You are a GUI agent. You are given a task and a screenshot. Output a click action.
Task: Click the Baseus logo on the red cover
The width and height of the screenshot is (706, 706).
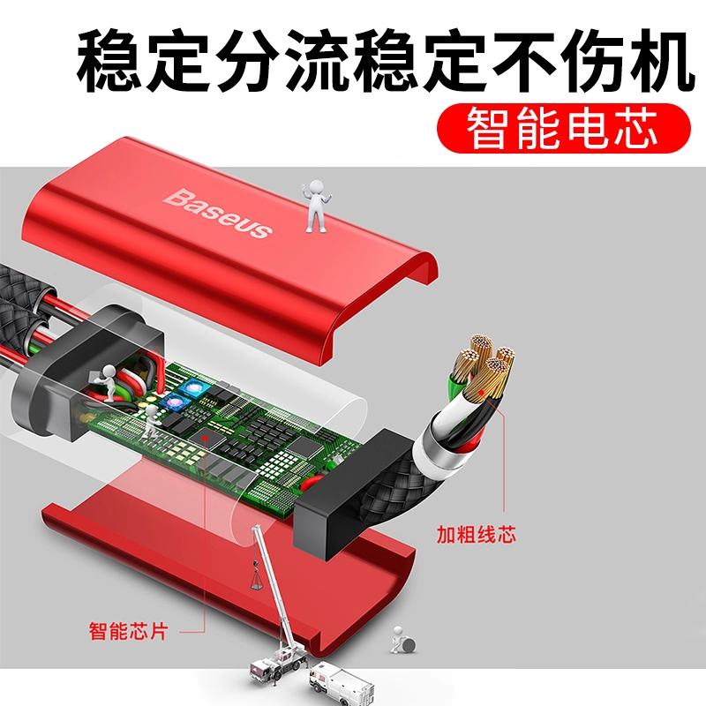tap(218, 213)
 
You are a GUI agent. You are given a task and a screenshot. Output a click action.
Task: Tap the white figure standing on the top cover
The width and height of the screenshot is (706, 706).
tap(316, 207)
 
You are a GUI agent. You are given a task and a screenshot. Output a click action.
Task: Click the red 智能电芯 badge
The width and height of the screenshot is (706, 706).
tap(563, 128)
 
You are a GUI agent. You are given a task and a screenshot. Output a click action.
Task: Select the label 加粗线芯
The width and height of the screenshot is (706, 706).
tap(476, 535)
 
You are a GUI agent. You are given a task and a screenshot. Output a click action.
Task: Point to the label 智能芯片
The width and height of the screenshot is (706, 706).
tap(128, 631)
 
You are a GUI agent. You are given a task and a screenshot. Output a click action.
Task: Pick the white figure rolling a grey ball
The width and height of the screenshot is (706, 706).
tap(402, 639)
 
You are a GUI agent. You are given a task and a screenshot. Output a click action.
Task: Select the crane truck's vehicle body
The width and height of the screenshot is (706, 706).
tap(275, 666)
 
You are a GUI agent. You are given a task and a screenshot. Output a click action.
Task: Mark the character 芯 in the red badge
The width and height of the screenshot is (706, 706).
tap(636, 127)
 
